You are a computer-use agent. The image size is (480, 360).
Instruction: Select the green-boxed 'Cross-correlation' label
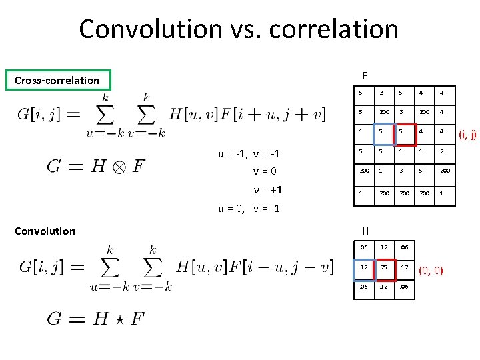click(57, 81)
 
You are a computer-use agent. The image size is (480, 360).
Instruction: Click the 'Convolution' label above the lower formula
click(45, 231)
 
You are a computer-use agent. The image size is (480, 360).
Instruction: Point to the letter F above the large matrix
click(364, 75)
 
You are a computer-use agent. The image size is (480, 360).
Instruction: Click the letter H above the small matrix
click(365, 231)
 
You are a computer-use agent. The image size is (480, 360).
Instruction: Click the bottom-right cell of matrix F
click(445, 193)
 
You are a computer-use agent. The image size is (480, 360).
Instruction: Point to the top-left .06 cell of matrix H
click(363, 248)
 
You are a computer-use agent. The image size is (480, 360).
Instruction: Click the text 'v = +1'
click(267, 190)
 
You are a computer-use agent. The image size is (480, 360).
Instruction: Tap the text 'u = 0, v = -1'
click(249, 209)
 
